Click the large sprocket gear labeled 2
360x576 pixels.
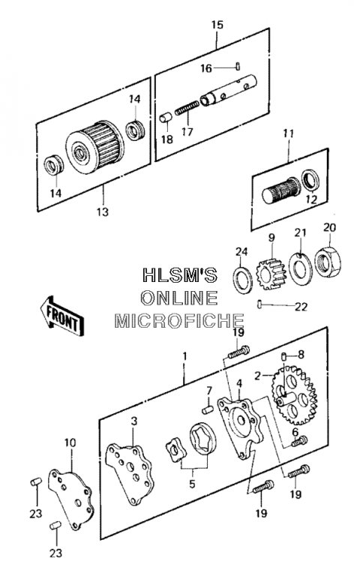[x=294, y=394]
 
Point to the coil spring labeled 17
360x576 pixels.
[x=187, y=108]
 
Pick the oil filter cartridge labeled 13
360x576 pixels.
[x=95, y=148]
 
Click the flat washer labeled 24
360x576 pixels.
[x=243, y=280]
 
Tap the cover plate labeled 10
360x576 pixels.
[x=71, y=499]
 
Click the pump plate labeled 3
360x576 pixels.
[x=129, y=474]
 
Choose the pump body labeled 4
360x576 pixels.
[x=241, y=428]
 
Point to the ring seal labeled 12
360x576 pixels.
[x=310, y=181]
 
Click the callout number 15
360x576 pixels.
[x=217, y=25]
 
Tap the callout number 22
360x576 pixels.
[x=301, y=307]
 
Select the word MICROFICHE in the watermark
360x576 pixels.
[x=179, y=321]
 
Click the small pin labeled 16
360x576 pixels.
[x=238, y=67]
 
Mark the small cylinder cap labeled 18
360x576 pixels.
[x=166, y=118]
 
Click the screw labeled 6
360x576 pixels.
[x=300, y=441]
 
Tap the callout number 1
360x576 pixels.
[x=184, y=356]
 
